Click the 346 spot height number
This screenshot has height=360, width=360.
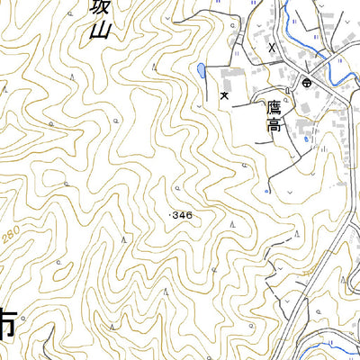(x=182, y=215)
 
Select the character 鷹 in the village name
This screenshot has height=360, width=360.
(x=274, y=107)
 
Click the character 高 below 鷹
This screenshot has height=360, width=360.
(x=274, y=126)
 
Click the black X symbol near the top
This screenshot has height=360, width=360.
(x=271, y=46)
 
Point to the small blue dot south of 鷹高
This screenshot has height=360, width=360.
(x=266, y=191)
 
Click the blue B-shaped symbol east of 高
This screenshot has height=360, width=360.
(x=306, y=139)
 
